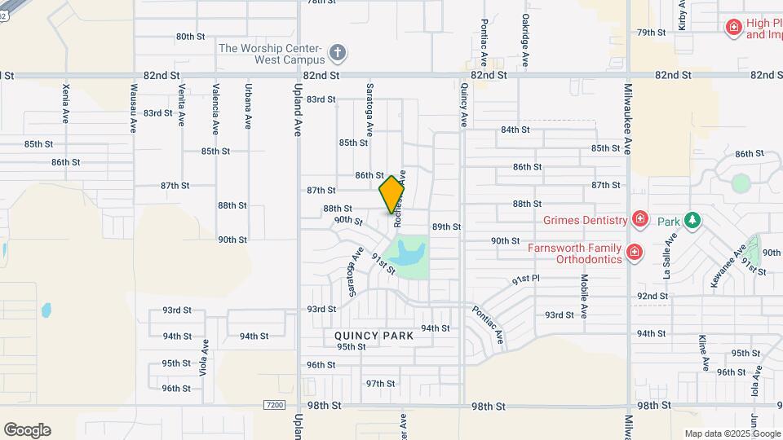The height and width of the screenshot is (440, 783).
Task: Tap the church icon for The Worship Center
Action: tap(338, 54)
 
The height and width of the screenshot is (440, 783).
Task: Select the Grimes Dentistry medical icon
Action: tap(640, 219)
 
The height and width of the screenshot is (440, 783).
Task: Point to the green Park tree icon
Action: tap(692, 220)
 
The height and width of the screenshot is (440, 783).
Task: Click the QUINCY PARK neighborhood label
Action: tap(373, 336)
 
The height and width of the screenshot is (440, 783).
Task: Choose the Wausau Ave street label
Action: tap(132, 107)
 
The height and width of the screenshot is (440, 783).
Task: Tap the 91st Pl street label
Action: tap(527, 279)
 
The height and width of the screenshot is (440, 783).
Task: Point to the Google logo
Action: tap(27, 430)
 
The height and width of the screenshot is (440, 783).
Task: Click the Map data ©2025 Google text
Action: tap(732, 433)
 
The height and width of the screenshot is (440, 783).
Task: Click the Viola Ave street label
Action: tap(201, 356)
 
